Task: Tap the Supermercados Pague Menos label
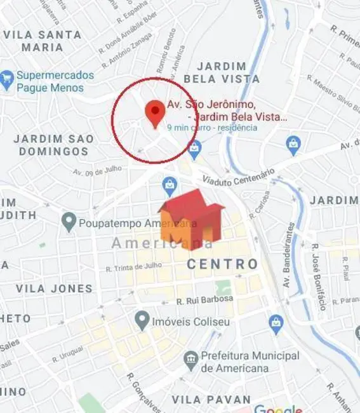(x=55, y=81)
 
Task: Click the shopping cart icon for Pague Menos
(x=7, y=79)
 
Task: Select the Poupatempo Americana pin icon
(x=69, y=222)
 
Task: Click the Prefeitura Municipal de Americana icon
(x=191, y=360)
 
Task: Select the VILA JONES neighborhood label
(x=54, y=288)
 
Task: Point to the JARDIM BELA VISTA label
(x=221, y=72)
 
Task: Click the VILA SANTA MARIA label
(x=42, y=41)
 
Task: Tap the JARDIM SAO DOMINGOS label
(x=54, y=145)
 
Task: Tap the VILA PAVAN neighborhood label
(x=211, y=400)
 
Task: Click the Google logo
(x=278, y=408)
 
